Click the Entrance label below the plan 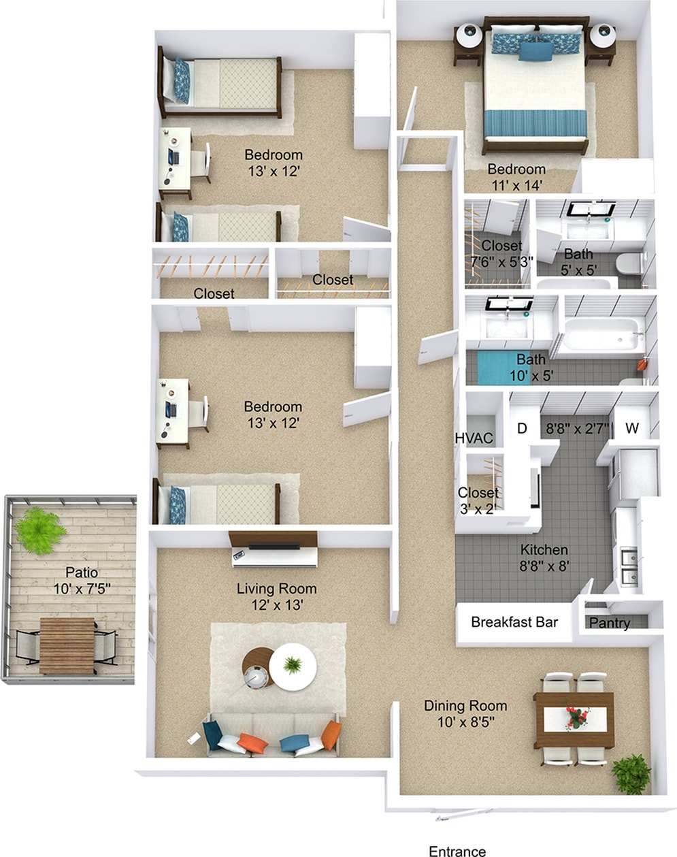(x=457, y=850)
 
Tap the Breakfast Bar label (x=514, y=621)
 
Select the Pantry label (x=609, y=623)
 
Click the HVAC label (x=474, y=438)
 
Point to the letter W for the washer (x=632, y=428)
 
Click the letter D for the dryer (x=523, y=428)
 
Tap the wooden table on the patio (x=67, y=645)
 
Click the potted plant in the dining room (x=632, y=774)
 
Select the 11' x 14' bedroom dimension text (x=516, y=184)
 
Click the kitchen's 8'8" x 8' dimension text (x=544, y=565)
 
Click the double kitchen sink (x=630, y=566)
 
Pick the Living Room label (x=276, y=588)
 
